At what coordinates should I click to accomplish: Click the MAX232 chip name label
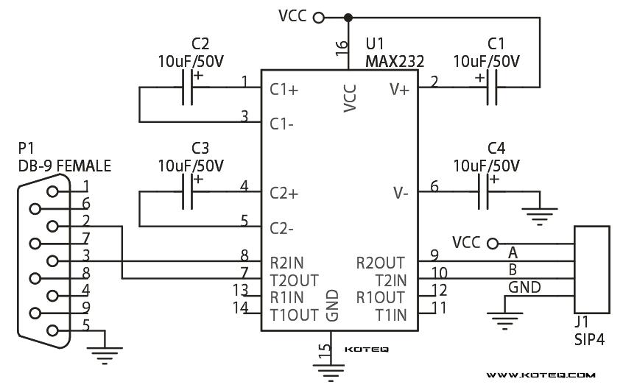pyautogui.click(x=394, y=63)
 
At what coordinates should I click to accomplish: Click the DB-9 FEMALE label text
pyautogui.click(x=65, y=166)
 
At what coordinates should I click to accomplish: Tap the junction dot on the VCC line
pyautogui.click(x=349, y=16)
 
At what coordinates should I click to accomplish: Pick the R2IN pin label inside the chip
pyautogui.click(x=286, y=262)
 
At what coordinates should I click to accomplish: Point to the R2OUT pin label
pyautogui.click(x=380, y=262)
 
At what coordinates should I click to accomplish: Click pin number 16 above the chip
pyautogui.click(x=341, y=49)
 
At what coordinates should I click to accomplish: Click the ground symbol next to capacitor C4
pyautogui.click(x=540, y=213)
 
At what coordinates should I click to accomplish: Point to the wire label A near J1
pyautogui.click(x=513, y=252)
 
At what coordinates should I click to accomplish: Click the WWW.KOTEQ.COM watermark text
pyautogui.click(x=541, y=375)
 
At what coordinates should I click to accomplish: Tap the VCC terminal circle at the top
pyautogui.click(x=319, y=16)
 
